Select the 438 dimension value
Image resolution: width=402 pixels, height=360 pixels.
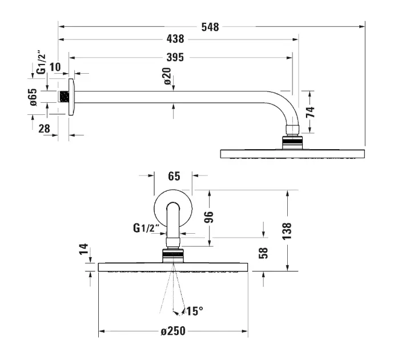coord(175,39)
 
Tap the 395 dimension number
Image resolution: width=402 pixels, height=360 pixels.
coord(175,57)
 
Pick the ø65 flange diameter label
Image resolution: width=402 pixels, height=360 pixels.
coord(33,95)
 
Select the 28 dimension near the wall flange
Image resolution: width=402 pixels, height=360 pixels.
coord(44,129)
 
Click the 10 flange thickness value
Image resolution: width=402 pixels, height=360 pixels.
coord(55,67)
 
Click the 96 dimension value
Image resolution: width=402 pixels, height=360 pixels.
coord(209,217)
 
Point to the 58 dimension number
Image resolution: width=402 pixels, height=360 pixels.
coord(263,253)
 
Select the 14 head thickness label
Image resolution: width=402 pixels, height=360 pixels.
coord(84,249)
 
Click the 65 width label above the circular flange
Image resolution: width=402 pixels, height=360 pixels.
coord(174,176)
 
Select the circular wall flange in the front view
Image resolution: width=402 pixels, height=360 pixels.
coord(172,206)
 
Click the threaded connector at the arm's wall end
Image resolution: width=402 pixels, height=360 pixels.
coord(63,95)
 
